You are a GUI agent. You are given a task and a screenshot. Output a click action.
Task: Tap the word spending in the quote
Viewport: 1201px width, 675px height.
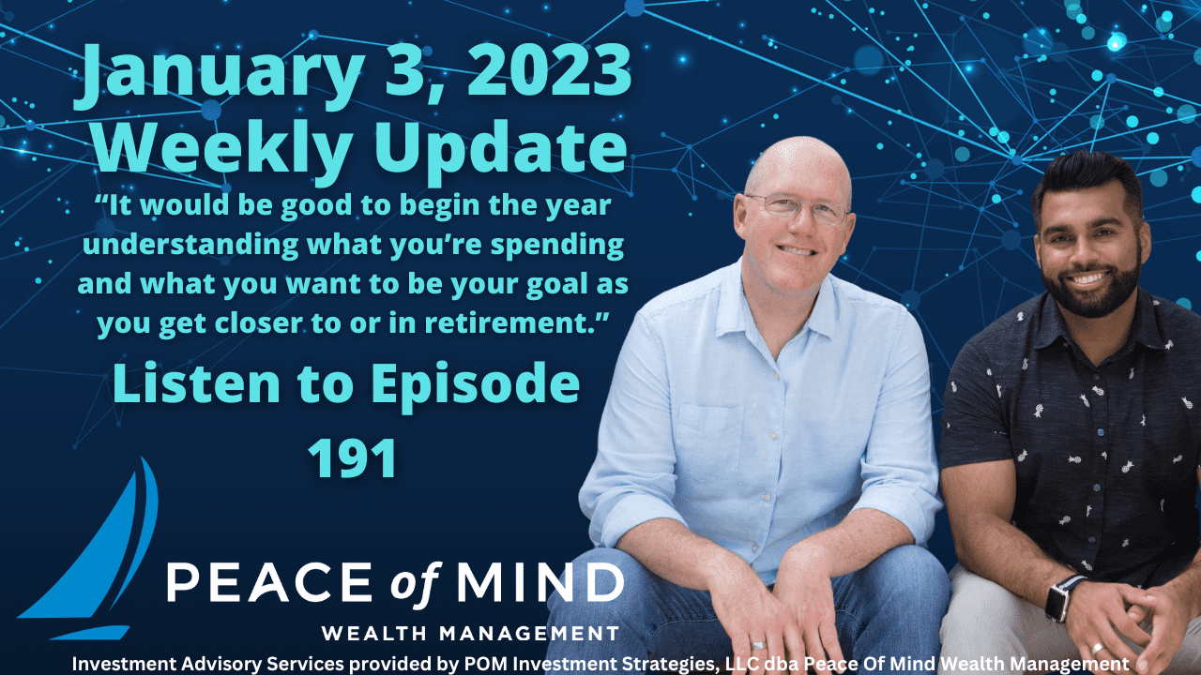pos(554,245)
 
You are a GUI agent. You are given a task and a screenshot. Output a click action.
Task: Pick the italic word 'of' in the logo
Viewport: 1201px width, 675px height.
pos(410,583)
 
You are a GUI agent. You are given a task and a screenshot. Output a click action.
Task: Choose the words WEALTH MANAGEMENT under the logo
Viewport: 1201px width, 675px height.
pos(469,633)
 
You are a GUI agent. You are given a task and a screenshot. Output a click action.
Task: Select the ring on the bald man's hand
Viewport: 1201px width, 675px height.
pos(757,646)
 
